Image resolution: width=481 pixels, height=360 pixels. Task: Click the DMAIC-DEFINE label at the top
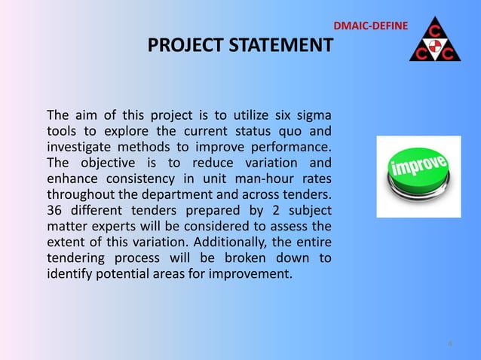point(370,27)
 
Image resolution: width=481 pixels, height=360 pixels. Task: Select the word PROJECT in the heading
point(181,47)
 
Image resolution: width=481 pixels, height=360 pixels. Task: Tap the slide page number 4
point(450,345)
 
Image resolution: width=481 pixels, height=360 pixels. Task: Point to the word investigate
point(79,147)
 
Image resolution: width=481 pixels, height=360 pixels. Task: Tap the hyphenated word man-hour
point(265,178)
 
